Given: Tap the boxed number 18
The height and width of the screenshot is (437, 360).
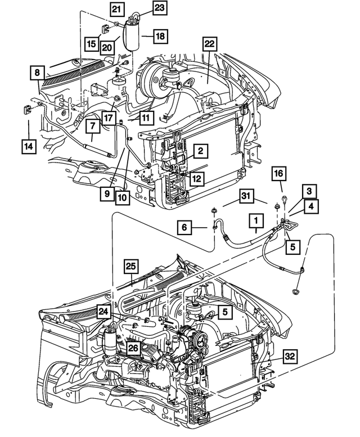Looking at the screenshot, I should pyautogui.click(x=160, y=35).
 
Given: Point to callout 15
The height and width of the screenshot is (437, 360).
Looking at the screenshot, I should pyautogui.click(x=91, y=43).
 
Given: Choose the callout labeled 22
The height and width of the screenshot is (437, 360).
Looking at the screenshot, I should pyautogui.click(x=210, y=44).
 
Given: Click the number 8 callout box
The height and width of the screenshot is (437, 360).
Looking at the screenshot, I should pyautogui.click(x=37, y=73).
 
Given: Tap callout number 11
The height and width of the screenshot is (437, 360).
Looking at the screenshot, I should pyautogui.click(x=146, y=118).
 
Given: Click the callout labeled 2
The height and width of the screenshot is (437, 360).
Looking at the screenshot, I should pyautogui.click(x=200, y=151).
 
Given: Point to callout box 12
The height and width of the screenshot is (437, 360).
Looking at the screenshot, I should pyautogui.click(x=196, y=178).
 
